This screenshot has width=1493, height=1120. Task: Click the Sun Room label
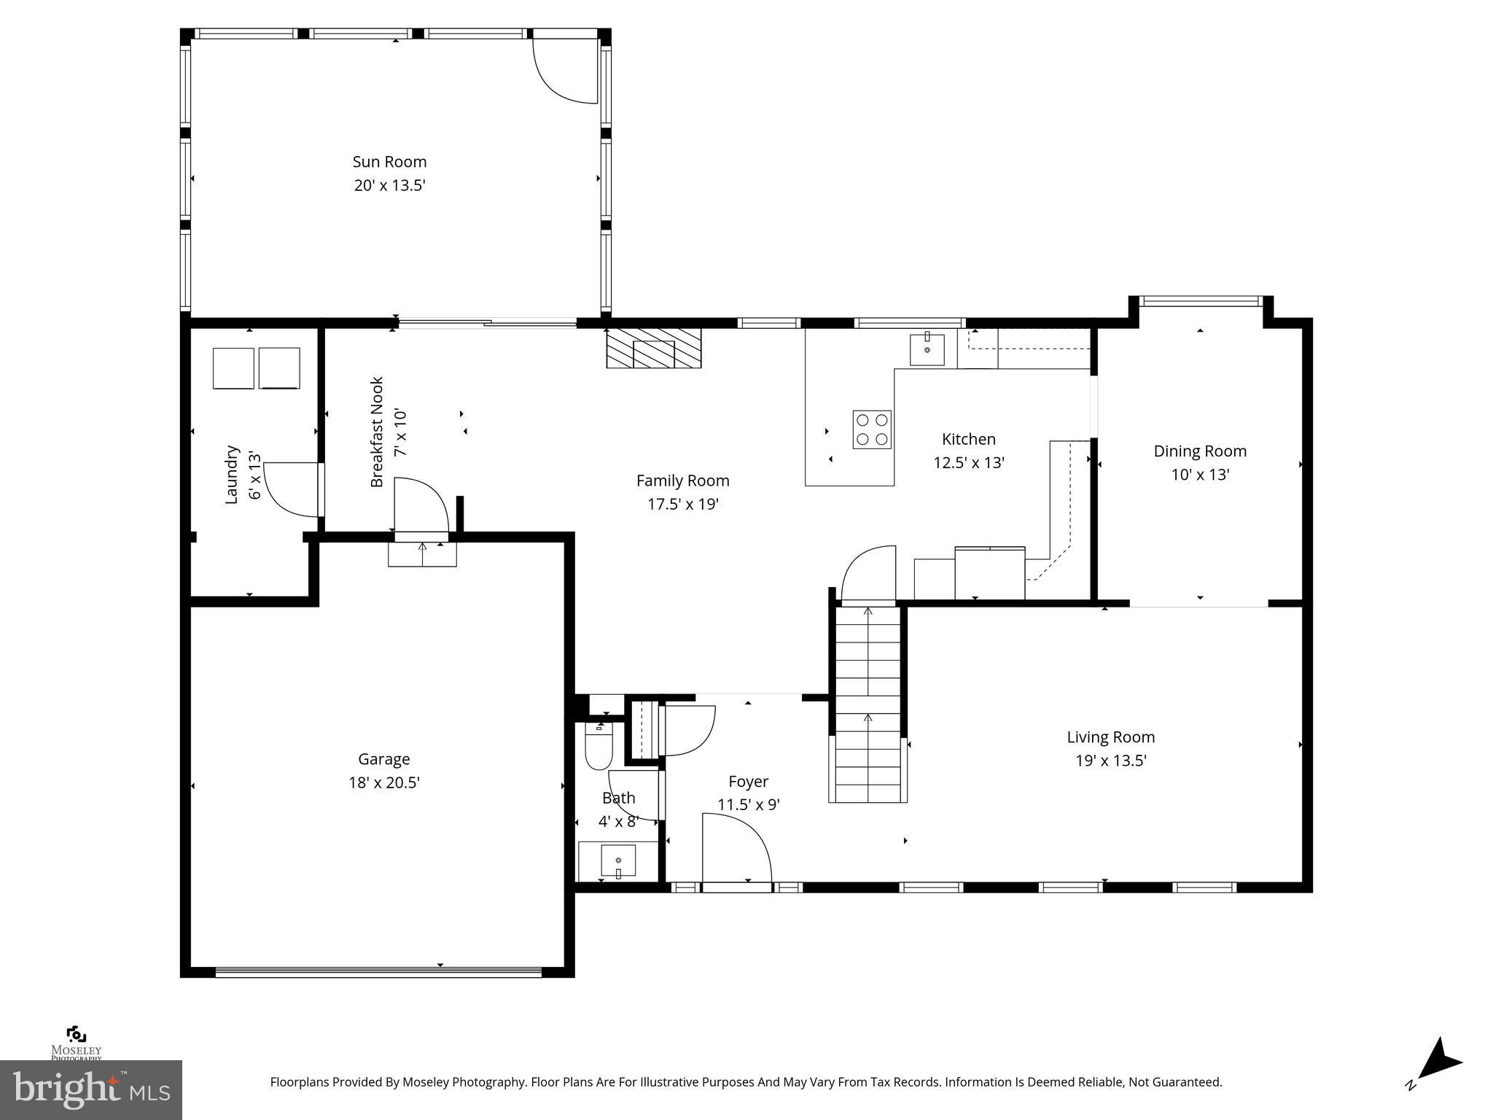tap(389, 162)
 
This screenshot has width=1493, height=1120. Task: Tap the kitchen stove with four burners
tap(872, 429)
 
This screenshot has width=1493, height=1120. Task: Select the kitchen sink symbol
tap(927, 350)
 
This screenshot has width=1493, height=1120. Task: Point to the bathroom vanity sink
tap(617, 861)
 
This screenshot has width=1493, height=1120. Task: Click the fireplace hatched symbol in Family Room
tap(653, 349)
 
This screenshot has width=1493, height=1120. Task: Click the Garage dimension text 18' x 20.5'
tap(383, 783)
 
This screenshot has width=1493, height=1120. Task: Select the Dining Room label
tap(1199, 451)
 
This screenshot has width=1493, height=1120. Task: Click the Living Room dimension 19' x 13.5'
tap(1110, 761)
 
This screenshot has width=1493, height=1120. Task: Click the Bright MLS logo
tap(90, 1089)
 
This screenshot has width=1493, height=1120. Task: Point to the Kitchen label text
tap(968, 440)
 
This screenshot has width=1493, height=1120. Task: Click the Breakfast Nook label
tap(377, 432)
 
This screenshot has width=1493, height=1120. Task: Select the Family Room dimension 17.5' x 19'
tap(682, 505)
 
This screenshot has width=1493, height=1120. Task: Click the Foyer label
tap(748, 782)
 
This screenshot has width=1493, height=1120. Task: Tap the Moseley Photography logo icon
tap(76, 1035)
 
